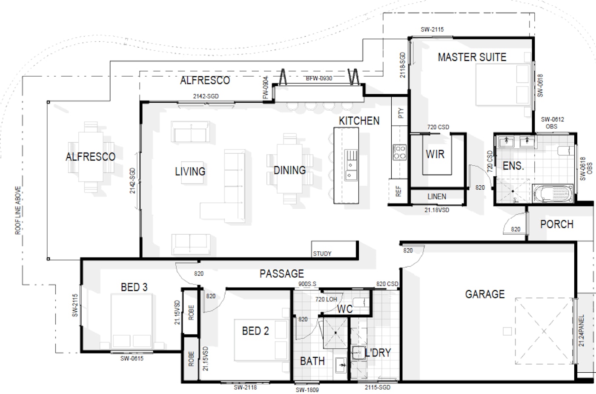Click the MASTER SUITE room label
point(472,57)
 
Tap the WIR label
point(435,154)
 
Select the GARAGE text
point(485,294)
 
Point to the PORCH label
point(557,224)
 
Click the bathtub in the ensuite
point(553,193)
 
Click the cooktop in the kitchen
point(399,152)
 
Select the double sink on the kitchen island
point(351,165)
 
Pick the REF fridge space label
point(398,191)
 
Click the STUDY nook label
point(322,253)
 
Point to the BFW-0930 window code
point(319,78)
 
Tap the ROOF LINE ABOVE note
point(18,210)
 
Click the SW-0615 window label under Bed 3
point(132,358)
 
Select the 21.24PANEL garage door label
point(582,331)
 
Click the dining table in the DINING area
point(289,169)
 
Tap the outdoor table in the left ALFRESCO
point(91,157)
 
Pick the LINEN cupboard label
point(437,196)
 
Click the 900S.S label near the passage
point(307,284)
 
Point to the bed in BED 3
point(132,321)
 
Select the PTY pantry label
point(401,113)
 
